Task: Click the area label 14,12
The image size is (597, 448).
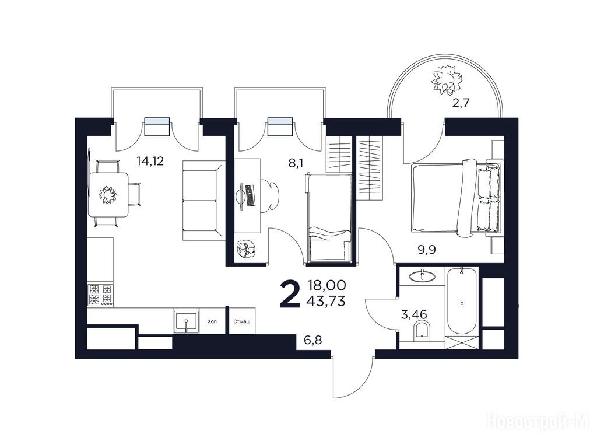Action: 150,161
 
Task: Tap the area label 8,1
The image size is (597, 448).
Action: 296,163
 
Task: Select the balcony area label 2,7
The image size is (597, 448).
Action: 461,103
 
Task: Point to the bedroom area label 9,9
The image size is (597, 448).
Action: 426,250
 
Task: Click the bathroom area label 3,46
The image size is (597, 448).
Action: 415,314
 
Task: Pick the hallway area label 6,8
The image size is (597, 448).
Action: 313,339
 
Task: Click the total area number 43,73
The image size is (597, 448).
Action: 326,302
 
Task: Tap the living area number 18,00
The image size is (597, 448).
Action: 327,285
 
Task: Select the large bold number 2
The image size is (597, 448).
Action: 290,293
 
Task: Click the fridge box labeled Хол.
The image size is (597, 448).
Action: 213,321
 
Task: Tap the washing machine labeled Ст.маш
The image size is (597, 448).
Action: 242,321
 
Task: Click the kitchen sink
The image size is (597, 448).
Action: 186,322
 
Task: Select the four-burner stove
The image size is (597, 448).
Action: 100,295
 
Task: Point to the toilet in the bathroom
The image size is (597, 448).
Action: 422,330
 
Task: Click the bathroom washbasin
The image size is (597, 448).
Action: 422,275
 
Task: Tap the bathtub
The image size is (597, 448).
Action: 462,300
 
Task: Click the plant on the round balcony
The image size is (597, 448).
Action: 448,79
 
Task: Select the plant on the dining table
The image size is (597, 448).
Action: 108,195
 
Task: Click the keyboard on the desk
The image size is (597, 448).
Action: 250,195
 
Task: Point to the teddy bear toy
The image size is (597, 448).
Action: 245,249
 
